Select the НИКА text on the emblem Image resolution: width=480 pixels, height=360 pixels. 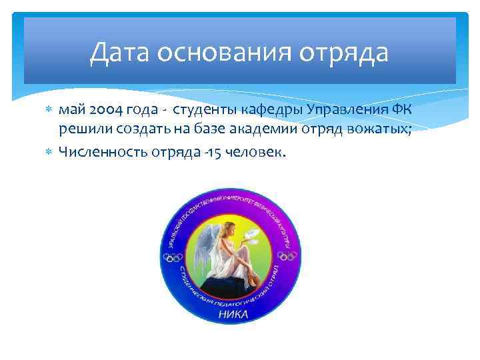point(233,313)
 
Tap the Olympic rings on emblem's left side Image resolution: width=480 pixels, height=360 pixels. point(174,257)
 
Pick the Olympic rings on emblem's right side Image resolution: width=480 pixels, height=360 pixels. point(288,256)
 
